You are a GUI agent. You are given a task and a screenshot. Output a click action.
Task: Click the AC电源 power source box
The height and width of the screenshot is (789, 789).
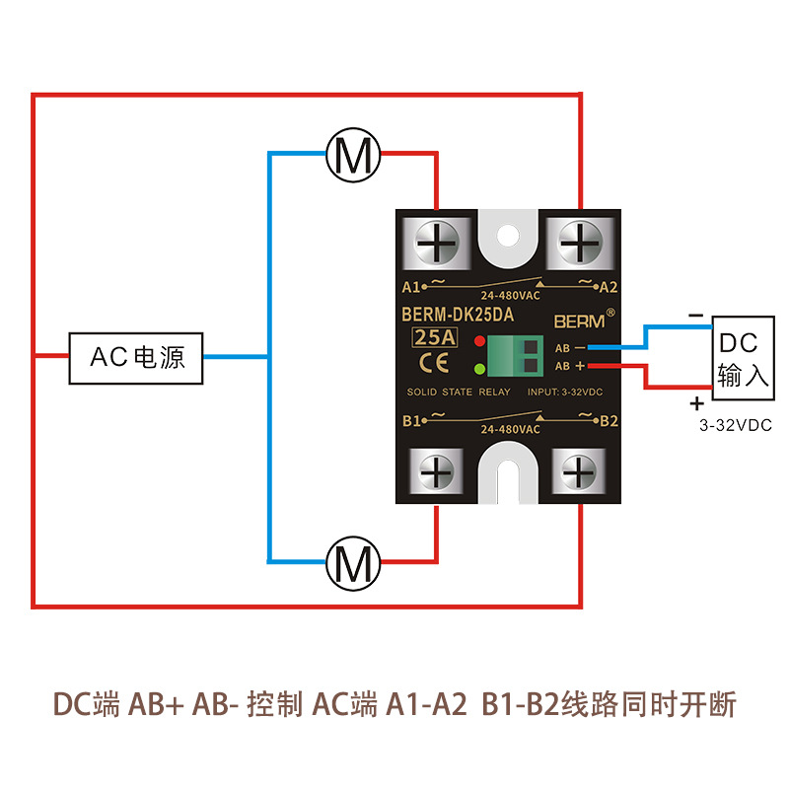136,357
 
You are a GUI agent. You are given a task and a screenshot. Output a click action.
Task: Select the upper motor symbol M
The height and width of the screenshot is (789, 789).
354,154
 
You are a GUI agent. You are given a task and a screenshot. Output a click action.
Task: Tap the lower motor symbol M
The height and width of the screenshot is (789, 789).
354,563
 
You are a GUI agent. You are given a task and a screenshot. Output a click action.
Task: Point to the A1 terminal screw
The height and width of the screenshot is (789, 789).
438,240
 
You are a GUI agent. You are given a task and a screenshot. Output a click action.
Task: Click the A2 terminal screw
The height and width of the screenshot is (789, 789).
579,240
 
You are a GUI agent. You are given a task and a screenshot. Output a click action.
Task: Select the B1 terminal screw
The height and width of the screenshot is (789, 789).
436,470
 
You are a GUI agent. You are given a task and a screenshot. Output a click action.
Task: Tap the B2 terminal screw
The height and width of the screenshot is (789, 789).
579,470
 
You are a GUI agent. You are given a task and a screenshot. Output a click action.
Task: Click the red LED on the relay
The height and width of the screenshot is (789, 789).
479,342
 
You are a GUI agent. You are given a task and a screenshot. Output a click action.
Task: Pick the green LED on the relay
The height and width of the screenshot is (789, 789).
479,370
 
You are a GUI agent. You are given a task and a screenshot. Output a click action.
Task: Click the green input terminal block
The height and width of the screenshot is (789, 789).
519,356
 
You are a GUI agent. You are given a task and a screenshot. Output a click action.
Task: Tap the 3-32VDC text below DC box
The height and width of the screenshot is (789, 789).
735,425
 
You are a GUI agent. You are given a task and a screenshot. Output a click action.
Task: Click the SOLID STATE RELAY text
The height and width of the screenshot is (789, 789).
459,393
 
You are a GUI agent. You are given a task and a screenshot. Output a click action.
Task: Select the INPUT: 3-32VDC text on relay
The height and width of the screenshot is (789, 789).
566,393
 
